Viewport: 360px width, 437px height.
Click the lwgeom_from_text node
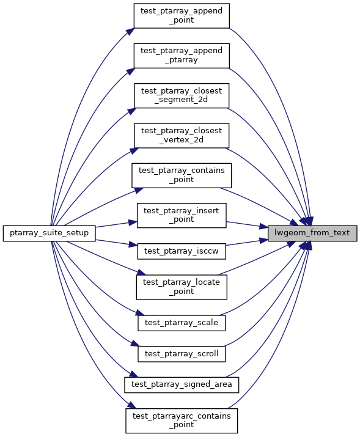click(x=312, y=233)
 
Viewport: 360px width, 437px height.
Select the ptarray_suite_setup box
click(x=50, y=233)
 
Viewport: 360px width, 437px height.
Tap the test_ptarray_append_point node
click(x=182, y=16)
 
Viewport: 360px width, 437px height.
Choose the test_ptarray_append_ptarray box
click(x=182, y=56)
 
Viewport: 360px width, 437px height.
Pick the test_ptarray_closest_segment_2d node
click(x=182, y=95)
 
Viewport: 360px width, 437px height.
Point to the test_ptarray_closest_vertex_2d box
click(x=182, y=136)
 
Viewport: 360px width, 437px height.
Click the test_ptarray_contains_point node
click(x=182, y=175)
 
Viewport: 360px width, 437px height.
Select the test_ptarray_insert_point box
click(x=182, y=215)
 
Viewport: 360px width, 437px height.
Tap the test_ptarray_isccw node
click(x=182, y=251)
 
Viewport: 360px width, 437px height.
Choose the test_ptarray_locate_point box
click(x=182, y=287)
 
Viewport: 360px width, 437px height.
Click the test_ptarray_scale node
click(x=182, y=323)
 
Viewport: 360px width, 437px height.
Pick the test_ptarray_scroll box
click(x=182, y=354)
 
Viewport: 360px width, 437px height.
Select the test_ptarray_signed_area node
click(x=182, y=385)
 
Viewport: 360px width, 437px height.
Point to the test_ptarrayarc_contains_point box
click(x=182, y=421)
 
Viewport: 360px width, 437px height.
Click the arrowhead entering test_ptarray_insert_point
click(x=133, y=222)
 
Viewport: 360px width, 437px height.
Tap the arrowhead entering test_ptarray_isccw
click(x=133, y=245)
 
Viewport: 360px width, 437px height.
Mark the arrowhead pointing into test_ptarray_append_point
click(x=130, y=31)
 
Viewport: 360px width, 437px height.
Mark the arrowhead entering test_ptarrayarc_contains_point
click(x=131, y=405)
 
